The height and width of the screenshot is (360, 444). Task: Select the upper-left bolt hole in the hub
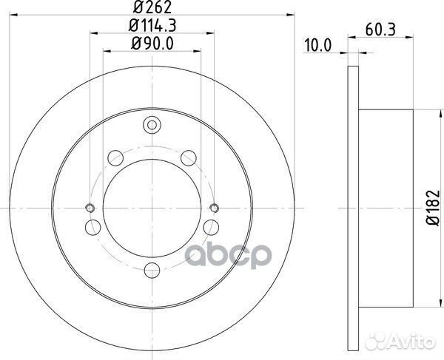coord(114,157)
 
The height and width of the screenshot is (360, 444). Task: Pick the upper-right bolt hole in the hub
coord(189,157)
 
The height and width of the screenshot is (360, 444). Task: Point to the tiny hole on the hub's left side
coord(90,207)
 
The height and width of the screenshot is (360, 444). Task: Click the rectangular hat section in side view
coord(384,207)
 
